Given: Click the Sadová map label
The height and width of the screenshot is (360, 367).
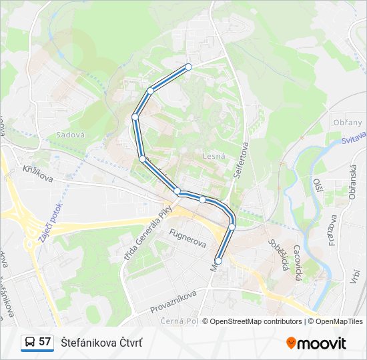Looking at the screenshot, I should point(71,134).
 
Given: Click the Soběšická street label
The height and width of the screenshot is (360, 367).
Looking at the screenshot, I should point(277,256).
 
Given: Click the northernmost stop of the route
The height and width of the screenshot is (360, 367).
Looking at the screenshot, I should point(189,67).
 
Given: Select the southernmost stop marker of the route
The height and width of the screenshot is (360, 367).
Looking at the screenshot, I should point(218,261).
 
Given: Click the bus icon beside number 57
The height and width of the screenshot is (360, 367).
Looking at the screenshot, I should point(30,342).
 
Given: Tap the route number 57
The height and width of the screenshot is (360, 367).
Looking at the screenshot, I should point(45,342).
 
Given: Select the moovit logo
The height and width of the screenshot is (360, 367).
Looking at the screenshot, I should point(316,343).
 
